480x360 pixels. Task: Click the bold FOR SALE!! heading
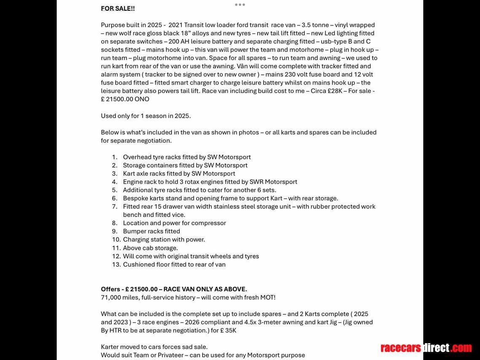(118, 8)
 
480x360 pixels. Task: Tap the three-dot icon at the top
(240, 5)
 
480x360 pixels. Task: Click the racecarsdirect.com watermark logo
(426, 348)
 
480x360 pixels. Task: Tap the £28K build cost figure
(335, 91)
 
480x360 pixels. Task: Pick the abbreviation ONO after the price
(142, 99)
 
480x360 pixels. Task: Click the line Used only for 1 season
(146, 116)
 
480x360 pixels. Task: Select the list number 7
(115, 207)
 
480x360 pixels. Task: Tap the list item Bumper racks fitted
(152, 231)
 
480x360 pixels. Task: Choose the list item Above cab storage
(150, 248)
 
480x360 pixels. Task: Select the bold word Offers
(111, 289)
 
